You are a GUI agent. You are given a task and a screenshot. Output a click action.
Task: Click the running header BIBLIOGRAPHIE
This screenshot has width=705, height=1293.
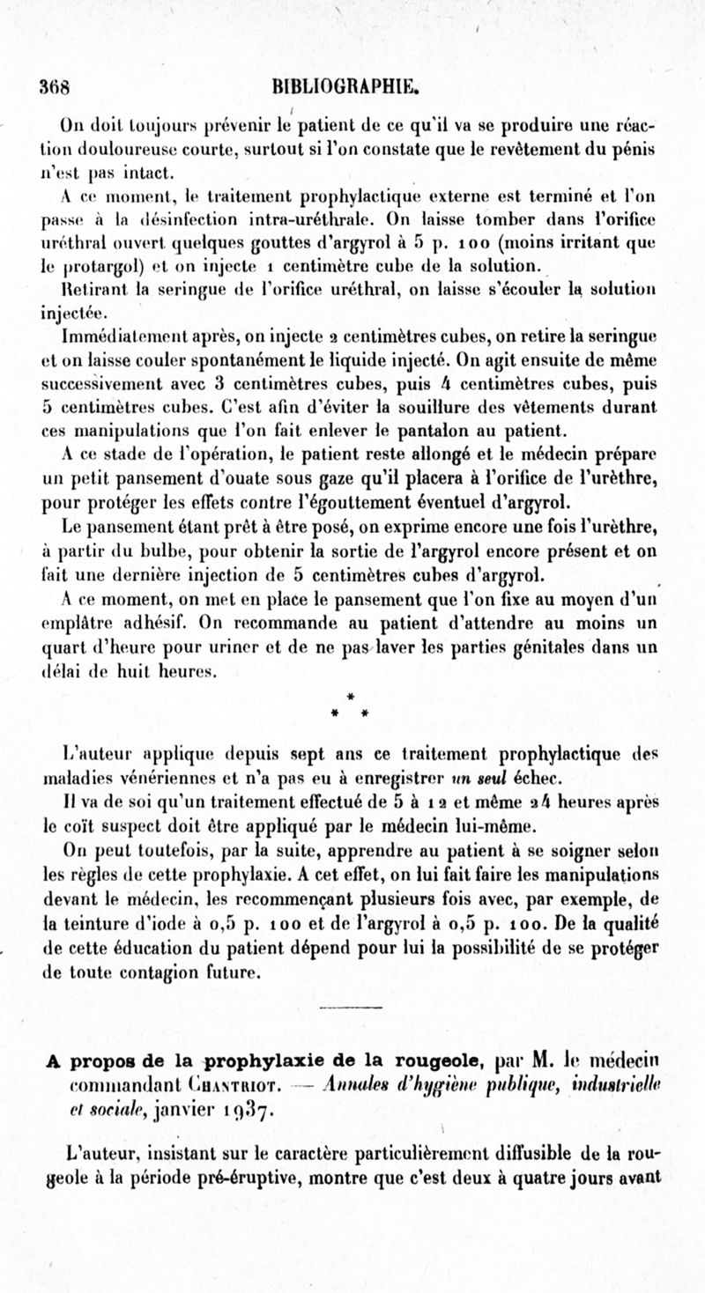tap(345, 86)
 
